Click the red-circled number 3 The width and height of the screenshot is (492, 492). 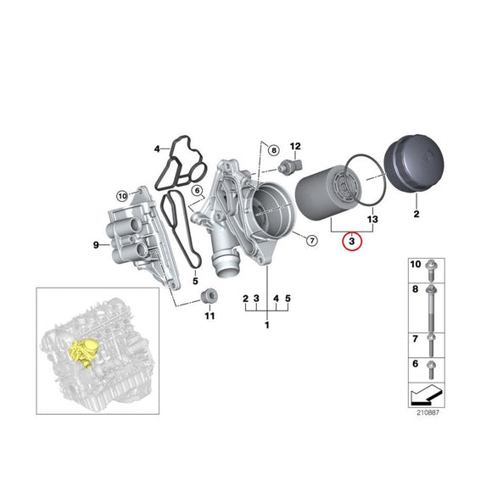point(351,242)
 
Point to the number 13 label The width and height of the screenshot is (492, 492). point(372,220)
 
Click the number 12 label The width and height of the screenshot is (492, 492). point(296,147)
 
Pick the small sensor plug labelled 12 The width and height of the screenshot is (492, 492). point(294,164)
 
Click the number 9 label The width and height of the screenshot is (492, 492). point(96,246)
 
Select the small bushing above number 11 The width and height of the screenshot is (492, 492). point(206,296)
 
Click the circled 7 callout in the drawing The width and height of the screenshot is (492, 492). point(310,241)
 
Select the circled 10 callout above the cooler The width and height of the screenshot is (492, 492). point(122,196)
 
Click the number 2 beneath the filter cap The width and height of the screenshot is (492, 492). point(417,215)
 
